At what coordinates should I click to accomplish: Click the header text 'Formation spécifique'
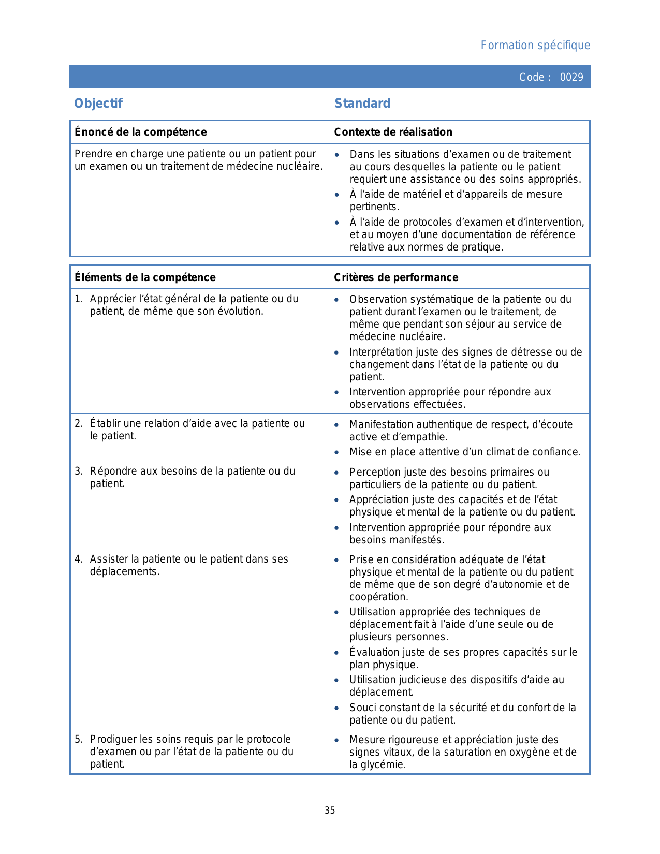point(535,46)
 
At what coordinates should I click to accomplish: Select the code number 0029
point(571,77)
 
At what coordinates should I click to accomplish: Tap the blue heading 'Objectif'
point(98,104)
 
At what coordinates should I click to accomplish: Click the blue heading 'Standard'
point(362,104)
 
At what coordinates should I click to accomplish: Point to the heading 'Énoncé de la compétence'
point(141,132)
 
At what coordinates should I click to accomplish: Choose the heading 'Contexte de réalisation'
point(393,132)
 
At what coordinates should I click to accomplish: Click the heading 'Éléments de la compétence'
point(145,277)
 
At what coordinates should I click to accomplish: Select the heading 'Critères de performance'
point(396,277)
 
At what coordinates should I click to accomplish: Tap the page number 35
point(330,811)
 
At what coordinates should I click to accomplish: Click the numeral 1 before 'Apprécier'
point(78,299)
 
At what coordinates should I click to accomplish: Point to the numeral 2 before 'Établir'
point(78,424)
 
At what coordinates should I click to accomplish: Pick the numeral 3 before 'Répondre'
point(78,472)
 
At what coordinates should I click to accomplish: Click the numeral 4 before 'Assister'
point(78,559)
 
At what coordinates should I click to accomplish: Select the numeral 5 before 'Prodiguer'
point(78,740)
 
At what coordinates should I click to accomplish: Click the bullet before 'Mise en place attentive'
point(337,453)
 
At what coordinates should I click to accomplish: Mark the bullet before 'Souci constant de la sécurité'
point(337,708)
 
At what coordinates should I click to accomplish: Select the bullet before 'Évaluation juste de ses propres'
point(337,653)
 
